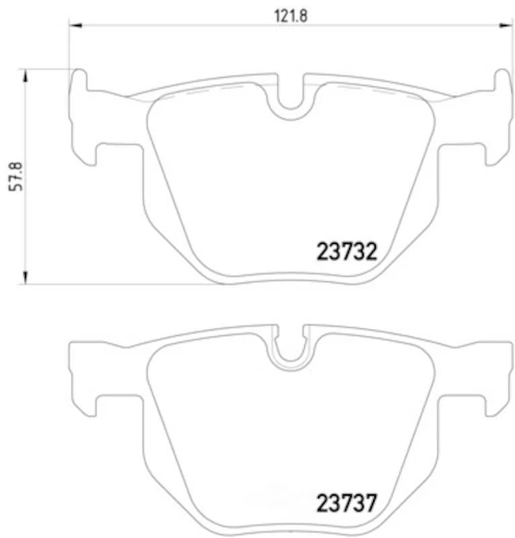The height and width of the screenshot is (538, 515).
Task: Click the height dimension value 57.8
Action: (18, 177)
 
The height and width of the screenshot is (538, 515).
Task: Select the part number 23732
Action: (345, 252)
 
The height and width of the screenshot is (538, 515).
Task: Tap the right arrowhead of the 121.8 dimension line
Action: (507, 26)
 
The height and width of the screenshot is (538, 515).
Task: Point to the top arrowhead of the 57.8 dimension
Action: (26, 73)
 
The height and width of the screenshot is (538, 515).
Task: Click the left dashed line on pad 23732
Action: (202, 92)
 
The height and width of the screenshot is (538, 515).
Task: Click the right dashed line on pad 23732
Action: (377, 92)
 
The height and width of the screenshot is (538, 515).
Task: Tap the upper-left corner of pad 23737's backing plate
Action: (73, 345)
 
